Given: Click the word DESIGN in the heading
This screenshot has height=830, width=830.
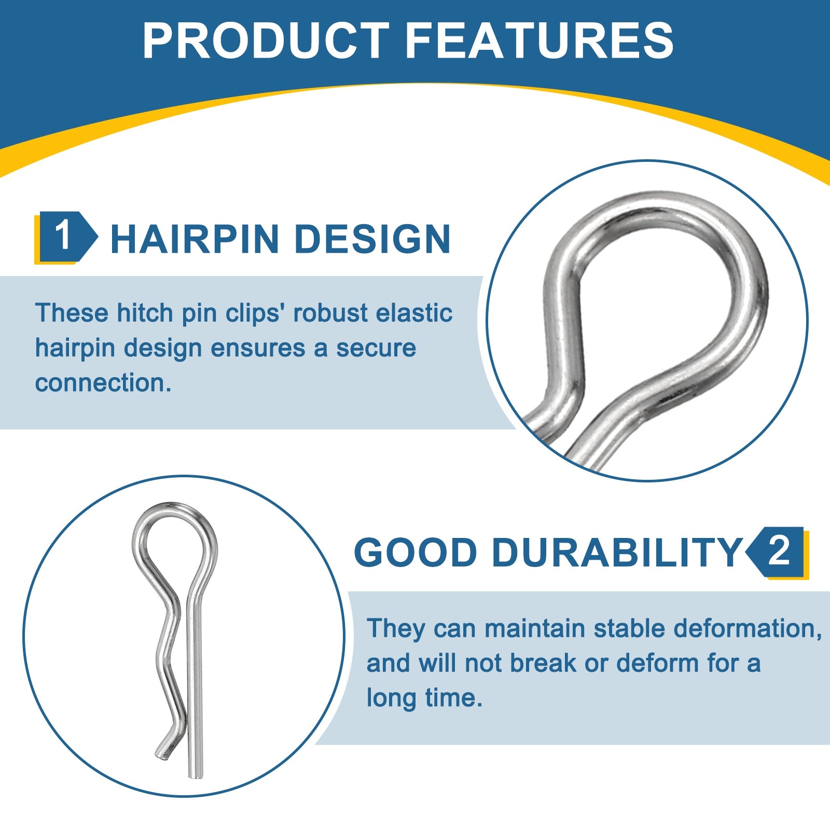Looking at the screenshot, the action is coord(372,239).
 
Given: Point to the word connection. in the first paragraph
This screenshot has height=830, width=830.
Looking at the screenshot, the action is coord(103,383).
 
